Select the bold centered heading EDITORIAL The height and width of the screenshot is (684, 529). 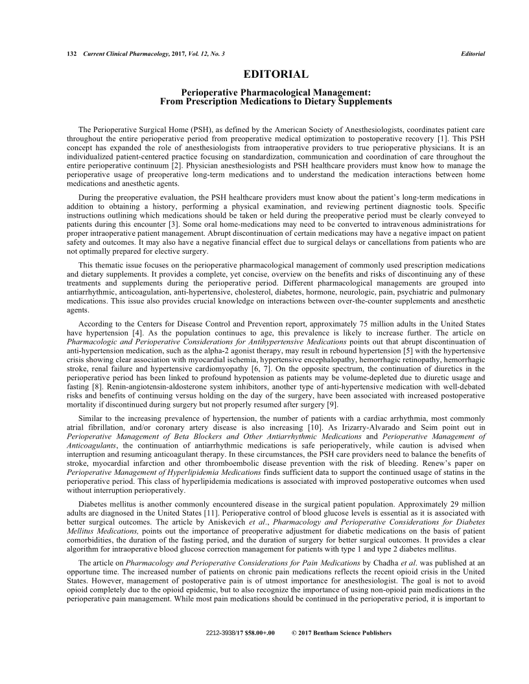272,76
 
